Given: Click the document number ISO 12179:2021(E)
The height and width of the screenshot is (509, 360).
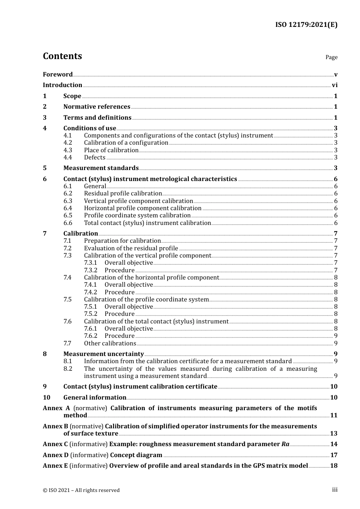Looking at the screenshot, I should tap(306, 25).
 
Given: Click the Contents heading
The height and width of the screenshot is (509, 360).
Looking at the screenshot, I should tap(62, 56).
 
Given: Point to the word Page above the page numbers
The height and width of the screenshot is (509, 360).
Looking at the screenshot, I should tap(331, 57).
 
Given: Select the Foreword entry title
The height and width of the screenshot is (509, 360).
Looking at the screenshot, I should tap(58, 75).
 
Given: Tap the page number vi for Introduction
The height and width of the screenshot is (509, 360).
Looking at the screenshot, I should tap(334, 85).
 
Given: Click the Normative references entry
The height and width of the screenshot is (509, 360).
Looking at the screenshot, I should tap(97, 107).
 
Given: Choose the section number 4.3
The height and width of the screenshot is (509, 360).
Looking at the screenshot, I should tap(67, 150).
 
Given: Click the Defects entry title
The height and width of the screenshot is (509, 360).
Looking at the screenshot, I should tap(94, 158).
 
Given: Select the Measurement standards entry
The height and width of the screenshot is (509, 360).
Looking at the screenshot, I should tap(101, 168).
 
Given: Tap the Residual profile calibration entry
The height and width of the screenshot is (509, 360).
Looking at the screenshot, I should tap(123, 194).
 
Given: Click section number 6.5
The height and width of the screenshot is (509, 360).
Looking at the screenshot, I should tap(67, 215).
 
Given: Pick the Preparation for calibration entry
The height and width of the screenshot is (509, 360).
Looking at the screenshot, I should tap(122, 241).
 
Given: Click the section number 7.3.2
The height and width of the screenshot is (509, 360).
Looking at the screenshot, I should tap(91, 270).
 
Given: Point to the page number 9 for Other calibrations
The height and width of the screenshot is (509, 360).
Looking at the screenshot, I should tap(335, 343).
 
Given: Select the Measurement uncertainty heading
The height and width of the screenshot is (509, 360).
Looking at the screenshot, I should tap(103, 354).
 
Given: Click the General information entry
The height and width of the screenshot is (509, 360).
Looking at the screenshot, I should tap(95, 398).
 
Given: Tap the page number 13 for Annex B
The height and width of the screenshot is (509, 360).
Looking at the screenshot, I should tap(333, 434).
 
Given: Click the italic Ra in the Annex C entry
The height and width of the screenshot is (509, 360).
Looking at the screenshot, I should tap(285, 444).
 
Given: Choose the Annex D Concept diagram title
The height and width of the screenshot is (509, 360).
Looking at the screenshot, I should tap(136, 455).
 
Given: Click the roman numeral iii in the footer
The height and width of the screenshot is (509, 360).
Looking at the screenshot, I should tap(335, 490).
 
